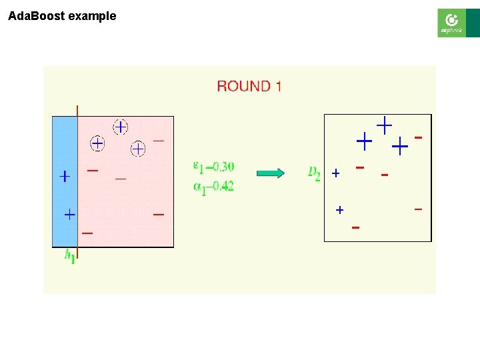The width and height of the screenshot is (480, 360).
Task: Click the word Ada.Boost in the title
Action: [x=32, y=16]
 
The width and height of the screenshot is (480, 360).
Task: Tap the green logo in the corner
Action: [x=451, y=23]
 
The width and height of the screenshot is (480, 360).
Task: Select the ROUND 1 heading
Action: [x=249, y=86]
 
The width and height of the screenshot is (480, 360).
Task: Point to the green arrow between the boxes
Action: [x=271, y=173]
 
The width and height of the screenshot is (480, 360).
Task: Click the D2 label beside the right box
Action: [x=314, y=173]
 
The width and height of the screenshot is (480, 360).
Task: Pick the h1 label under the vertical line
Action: [x=70, y=256]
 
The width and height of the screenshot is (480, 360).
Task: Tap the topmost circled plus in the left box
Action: [x=120, y=126]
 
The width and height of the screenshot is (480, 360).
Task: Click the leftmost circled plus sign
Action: [x=97, y=143]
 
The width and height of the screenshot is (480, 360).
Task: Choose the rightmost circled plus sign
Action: [x=138, y=148]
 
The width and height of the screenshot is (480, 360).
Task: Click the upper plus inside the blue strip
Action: [x=64, y=177]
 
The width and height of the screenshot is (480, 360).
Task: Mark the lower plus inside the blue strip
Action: [x=69, y=215]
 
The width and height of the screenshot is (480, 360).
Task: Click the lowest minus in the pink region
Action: [x=87, y=233]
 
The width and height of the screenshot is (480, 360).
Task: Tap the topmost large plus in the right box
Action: [x=385, y=124]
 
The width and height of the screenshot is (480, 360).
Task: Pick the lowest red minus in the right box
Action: [x=355, y=228]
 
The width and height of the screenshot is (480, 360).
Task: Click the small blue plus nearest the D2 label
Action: [x=335, y=173]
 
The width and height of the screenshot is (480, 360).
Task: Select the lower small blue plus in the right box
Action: [x=339, y=210]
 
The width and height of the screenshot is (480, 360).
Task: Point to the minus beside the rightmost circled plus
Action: [x=159, y=141]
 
